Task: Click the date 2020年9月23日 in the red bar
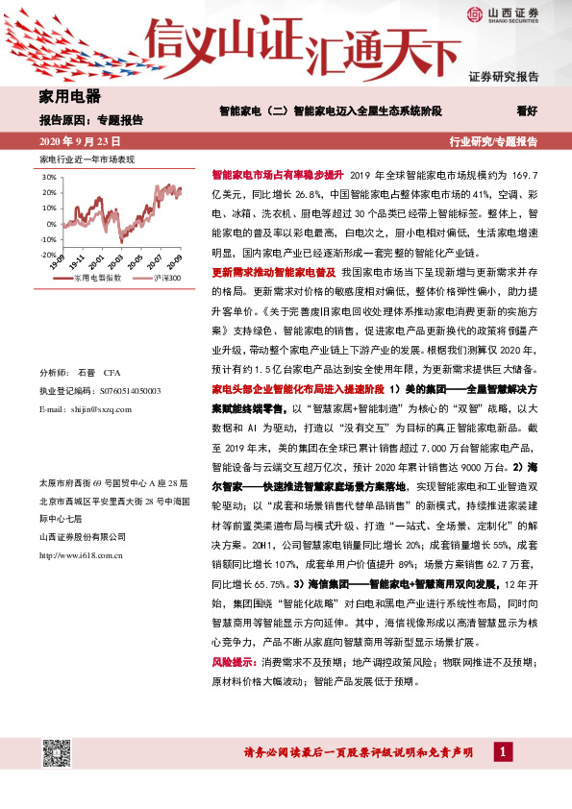point(80,141)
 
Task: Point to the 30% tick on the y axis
point(49,178)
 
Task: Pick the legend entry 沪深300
point(162,276)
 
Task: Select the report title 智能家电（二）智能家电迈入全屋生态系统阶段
point(332,110)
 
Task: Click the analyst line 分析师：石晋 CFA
point(79,372)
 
